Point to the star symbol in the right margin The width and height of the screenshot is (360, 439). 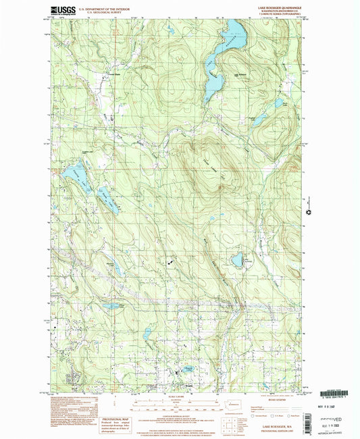(x=309, y=212)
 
